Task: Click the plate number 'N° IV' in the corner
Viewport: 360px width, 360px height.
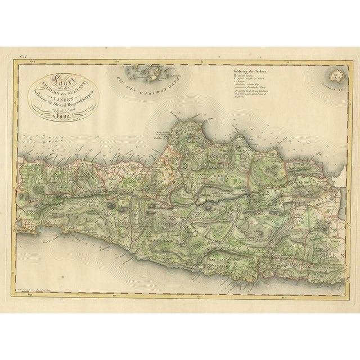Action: coord(25,56)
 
